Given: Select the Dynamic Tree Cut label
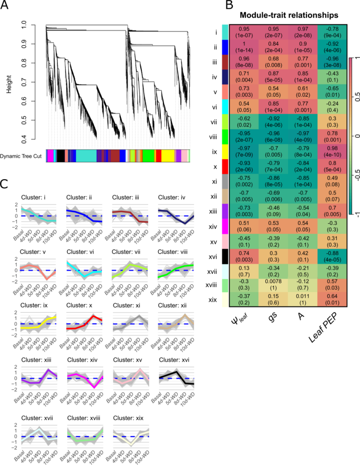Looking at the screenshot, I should (23, 156).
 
